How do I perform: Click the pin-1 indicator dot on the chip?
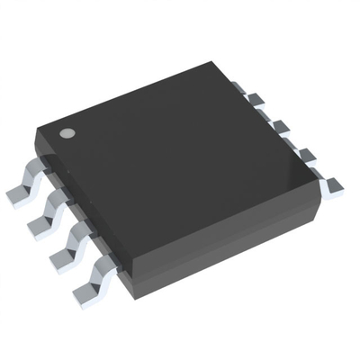pos(67,134)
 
